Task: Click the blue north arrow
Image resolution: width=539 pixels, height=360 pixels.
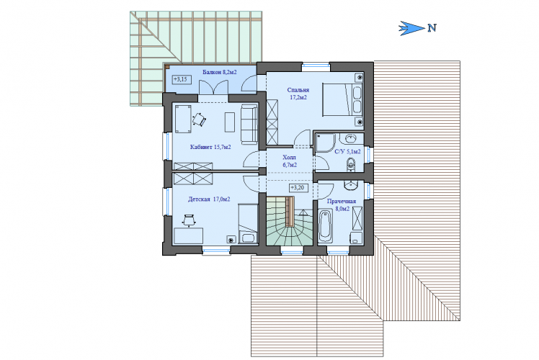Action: (x=411, y=28)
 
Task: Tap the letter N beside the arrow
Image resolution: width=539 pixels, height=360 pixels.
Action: (x=432, y=28)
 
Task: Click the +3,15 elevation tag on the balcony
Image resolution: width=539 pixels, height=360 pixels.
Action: (x=181, y=79)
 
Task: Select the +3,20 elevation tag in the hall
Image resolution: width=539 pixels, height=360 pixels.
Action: (x=298, y=188)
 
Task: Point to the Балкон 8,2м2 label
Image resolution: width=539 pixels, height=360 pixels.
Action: (x=219, y=72)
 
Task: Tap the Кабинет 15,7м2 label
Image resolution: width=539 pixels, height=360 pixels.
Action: (x=210, y=147)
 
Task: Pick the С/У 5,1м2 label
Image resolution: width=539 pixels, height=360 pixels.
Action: (x=347, y=151)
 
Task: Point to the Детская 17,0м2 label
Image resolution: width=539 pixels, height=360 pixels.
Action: (x=209, y=199)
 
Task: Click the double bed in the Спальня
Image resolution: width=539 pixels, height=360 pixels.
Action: (x=342, y=100)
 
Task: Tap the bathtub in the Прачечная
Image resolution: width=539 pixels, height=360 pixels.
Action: (x=325, y=227)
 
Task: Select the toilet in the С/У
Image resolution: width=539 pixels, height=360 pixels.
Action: (x=351, y=164)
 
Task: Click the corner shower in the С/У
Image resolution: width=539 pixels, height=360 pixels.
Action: (x=325, y=143)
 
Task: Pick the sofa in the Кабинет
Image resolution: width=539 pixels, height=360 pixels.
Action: (x=249, y=124)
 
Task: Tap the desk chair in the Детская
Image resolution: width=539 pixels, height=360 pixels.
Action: (x=189, y=220)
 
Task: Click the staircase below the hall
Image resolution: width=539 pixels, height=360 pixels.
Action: (x=290, y=220)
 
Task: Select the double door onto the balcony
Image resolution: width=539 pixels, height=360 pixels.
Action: (x=213, y=87)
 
